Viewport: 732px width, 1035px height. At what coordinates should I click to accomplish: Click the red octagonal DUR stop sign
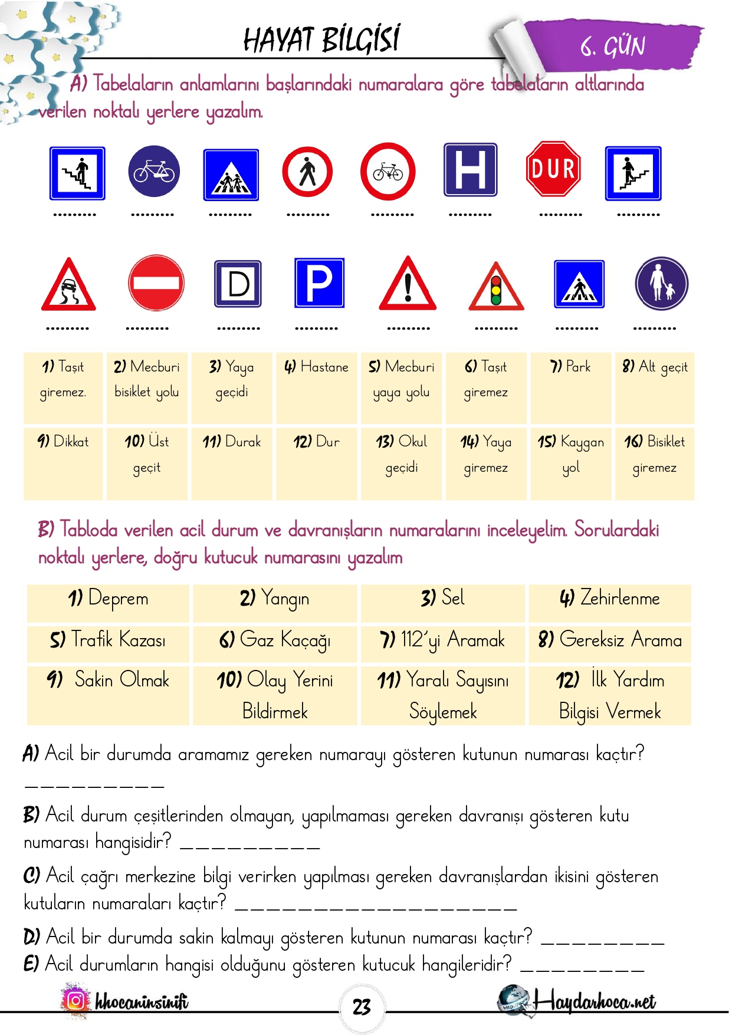point(553,169)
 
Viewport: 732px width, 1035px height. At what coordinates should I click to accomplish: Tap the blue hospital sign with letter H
point(470,169)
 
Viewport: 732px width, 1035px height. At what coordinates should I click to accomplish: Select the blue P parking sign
point(319,282)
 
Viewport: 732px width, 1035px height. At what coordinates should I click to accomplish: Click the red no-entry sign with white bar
point(156,283)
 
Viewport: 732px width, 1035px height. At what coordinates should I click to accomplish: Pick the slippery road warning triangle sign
point(68,286)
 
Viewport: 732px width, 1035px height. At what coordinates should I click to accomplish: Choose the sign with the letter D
point(238,284)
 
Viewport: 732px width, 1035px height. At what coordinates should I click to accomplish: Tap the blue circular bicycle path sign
point(154,171)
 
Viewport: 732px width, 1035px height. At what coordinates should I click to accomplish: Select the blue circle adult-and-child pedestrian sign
point(661,284)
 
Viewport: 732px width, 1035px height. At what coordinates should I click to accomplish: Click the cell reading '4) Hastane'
point(316,387)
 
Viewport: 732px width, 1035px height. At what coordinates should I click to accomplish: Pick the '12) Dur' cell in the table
point(316,463)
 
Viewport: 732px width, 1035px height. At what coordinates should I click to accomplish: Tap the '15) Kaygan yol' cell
point(570,463)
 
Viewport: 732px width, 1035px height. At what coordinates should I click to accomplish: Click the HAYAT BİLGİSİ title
point(321,40)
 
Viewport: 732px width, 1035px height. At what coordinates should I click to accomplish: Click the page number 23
point(362,1007)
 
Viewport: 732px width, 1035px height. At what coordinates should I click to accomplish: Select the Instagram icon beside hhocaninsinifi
point(75,1000)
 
